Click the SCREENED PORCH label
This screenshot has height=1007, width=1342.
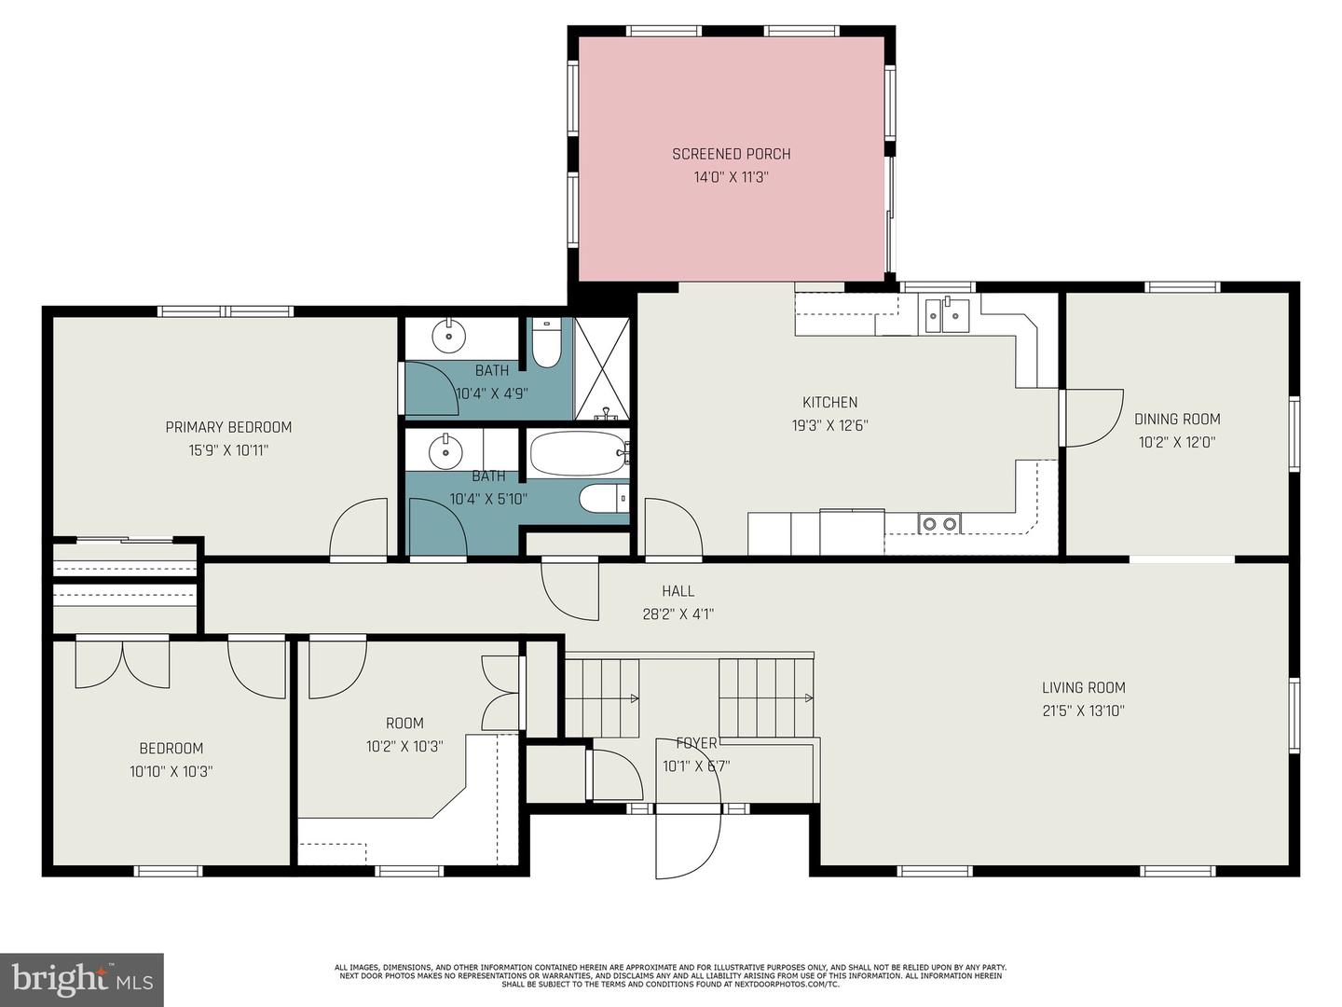(x=732, y=154)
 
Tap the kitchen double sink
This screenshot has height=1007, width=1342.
(x=945, y=315)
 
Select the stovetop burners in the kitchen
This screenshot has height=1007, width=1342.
(x=939, y=524)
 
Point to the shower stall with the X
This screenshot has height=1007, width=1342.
(x=602, y=368)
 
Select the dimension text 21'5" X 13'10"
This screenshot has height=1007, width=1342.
(x=1083, y=710)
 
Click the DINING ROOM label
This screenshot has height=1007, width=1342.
(x=1177, y=419)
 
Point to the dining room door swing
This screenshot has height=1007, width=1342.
(x=1092, y=417)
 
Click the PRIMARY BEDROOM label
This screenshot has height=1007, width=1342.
(x=228, y=427)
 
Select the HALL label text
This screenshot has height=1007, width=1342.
(x=678, y=590)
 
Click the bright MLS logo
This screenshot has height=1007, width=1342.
(x=82, y=979)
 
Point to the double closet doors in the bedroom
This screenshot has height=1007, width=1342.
(x=122, y=664)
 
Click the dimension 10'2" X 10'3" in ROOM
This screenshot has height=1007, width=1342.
(x=404, y=746)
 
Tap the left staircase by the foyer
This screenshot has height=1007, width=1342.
(x=602, y=697)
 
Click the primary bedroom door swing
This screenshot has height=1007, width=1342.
(x=360, y=529)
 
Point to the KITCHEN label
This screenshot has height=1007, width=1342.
(x=829, y=402)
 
